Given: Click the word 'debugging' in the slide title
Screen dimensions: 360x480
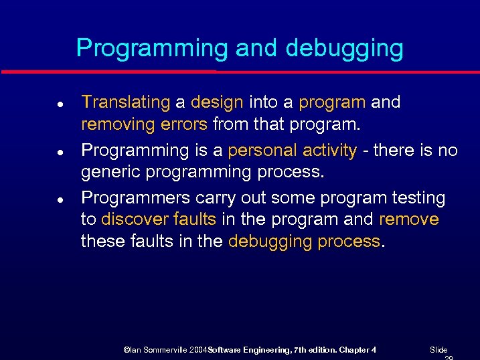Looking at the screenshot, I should click(344, 49).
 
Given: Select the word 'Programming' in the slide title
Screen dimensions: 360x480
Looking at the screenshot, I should click(151, 49).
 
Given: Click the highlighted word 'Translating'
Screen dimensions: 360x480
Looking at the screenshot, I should click(126, 102).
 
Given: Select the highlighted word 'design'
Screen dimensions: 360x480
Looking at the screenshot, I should click(217, 102).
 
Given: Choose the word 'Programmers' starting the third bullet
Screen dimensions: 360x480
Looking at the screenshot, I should click(135, 199).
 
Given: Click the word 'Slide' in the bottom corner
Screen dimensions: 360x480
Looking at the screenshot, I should click(438, 350).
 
